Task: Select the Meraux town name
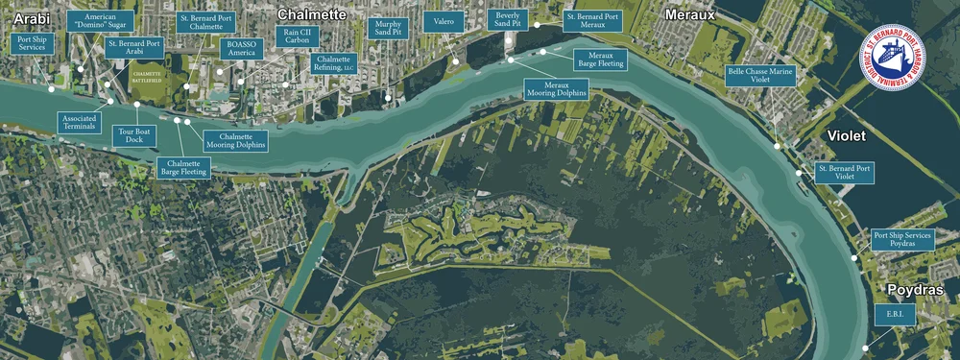click(x=690, y=14)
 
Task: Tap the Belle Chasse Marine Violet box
click(x=761, y=76)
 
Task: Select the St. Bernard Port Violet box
click(x=844, y=173)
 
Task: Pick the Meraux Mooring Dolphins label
click(x=556, y=89)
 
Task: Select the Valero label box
click(x=444, y=19)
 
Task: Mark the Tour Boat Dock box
click(x=132, y=135)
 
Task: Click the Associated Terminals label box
click(x=78, y=122)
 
